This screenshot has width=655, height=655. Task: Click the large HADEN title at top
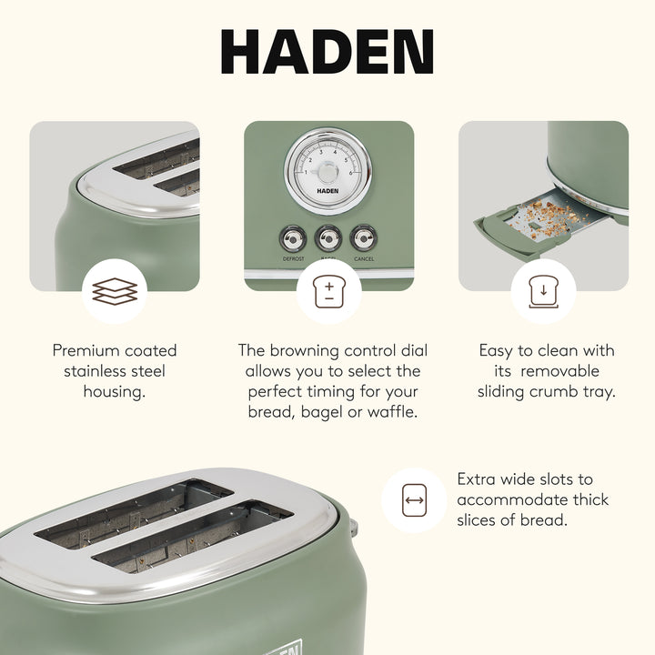[x=327, y=52]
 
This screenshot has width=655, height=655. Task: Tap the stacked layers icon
[x=115, y=291]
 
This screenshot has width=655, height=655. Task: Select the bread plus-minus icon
[x=328, y=291]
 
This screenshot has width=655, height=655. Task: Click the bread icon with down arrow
[x=542, y=291]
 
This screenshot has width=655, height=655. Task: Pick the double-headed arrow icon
[x=414, y=499]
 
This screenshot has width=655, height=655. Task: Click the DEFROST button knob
[x=293, y=239]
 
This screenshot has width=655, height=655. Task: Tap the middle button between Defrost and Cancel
[x=328, y=239]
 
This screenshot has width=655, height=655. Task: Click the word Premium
[x=87, y=350]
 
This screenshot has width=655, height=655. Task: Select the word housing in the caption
[x=114, y=392]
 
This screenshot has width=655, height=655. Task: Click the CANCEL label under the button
[x=364, y=259]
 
